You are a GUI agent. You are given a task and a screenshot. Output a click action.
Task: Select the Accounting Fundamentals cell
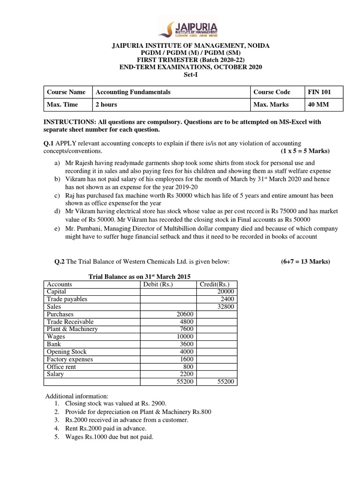pyautogui.click(x=133, y=92)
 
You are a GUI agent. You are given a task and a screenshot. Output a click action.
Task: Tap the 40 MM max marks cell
pyautogui.click(x=318, y=104)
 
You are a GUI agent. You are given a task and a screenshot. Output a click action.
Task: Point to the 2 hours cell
pyautogui.click(x=106, y=104)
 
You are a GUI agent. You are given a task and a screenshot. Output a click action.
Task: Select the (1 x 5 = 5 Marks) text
pyautogui.click(x=305, y=151)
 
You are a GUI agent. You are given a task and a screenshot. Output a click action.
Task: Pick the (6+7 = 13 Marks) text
pyautogui.click(x=302, y=261)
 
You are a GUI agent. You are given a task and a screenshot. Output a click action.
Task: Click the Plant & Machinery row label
pyautogui.click(x=72, y=329)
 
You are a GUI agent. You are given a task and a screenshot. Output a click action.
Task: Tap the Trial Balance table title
pyautogui.click(x=140, y=276)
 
